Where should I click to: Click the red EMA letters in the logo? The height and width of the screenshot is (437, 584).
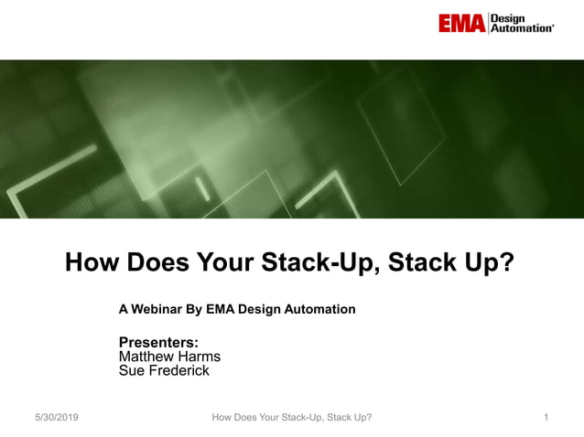460,23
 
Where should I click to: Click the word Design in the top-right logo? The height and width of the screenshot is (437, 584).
509,17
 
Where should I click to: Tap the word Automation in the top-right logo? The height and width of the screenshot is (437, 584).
522,28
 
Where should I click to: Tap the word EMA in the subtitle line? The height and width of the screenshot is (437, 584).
221,309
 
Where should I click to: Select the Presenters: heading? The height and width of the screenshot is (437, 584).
159,343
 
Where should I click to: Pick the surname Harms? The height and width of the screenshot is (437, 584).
198,357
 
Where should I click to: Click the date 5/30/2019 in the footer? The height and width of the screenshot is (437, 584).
56,418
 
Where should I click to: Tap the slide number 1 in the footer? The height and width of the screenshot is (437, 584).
546,418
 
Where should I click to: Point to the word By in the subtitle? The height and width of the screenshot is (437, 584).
194,309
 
